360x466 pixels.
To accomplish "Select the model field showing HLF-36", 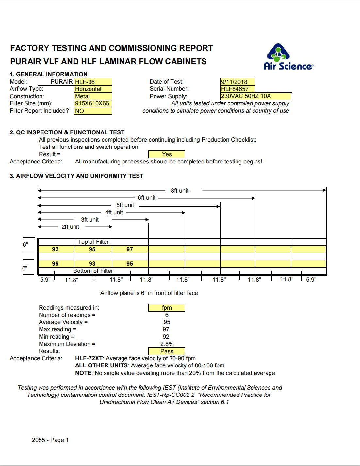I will (x=93, y=82).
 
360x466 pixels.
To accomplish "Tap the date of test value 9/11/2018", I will (x=237, y=82).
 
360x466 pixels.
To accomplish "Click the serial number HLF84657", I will (x=237, y=89).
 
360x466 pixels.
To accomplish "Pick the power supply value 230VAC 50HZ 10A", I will (x=255, y=96).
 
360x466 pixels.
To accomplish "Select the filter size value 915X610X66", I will (x=93, y=103).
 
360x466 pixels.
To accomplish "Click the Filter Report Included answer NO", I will (x=93, y=111).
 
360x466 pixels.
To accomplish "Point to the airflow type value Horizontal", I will (x=93, y=89).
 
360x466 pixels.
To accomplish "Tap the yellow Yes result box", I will (x=167, y=154).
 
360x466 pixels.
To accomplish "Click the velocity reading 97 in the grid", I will (x=130, y=249).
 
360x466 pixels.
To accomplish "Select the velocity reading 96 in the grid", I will (x=55, y=264).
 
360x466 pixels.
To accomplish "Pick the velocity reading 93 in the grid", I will (x=92, y=264).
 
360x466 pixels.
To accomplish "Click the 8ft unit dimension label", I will (x=179, y=191).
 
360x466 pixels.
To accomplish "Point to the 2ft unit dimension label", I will (x=70, y=227).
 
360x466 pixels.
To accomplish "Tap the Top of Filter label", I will (x=93, y=242).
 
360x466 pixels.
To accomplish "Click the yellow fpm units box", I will (x=167, y=308).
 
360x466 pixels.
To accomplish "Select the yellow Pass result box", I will (x=167, y=351).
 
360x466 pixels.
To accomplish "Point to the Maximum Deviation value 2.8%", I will (x=167, y=344).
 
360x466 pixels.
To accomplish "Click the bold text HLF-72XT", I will (x=89, y=358).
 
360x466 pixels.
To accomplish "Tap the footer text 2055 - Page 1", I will (x=50, y=440).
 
